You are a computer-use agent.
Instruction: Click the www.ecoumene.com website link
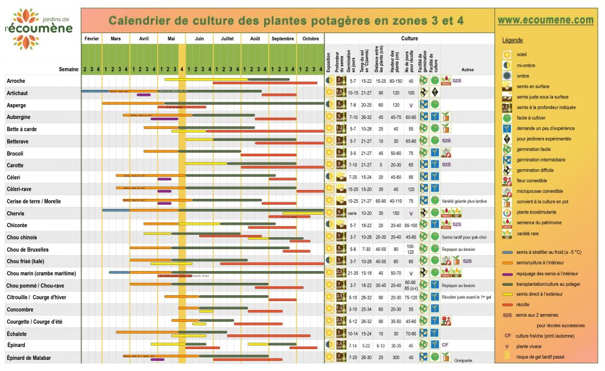[545, 20]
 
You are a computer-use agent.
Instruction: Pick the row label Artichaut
[17, 93]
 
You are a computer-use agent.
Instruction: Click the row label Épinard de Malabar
[29, 357]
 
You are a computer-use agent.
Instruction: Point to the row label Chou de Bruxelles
[28, 250]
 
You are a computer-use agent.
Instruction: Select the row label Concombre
[20, 309]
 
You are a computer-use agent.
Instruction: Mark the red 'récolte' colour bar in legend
[508, 304]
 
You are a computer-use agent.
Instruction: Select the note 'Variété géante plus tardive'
[464, 201]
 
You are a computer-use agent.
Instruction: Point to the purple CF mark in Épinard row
[445, 345]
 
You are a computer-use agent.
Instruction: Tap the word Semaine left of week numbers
[69, 69]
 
